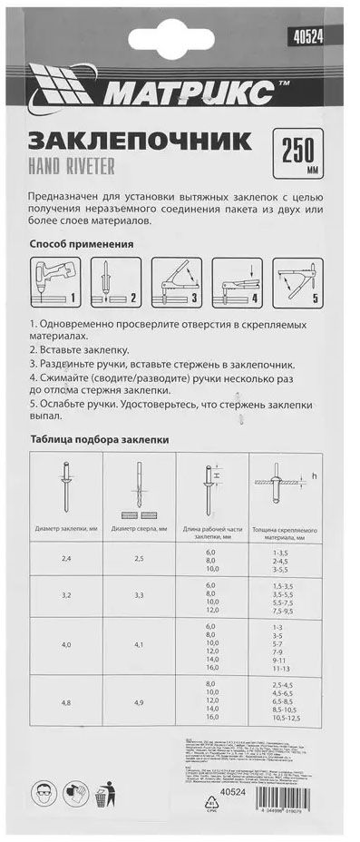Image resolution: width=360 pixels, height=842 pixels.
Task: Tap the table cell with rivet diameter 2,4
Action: pyautogui.click(x=66, y=559)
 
